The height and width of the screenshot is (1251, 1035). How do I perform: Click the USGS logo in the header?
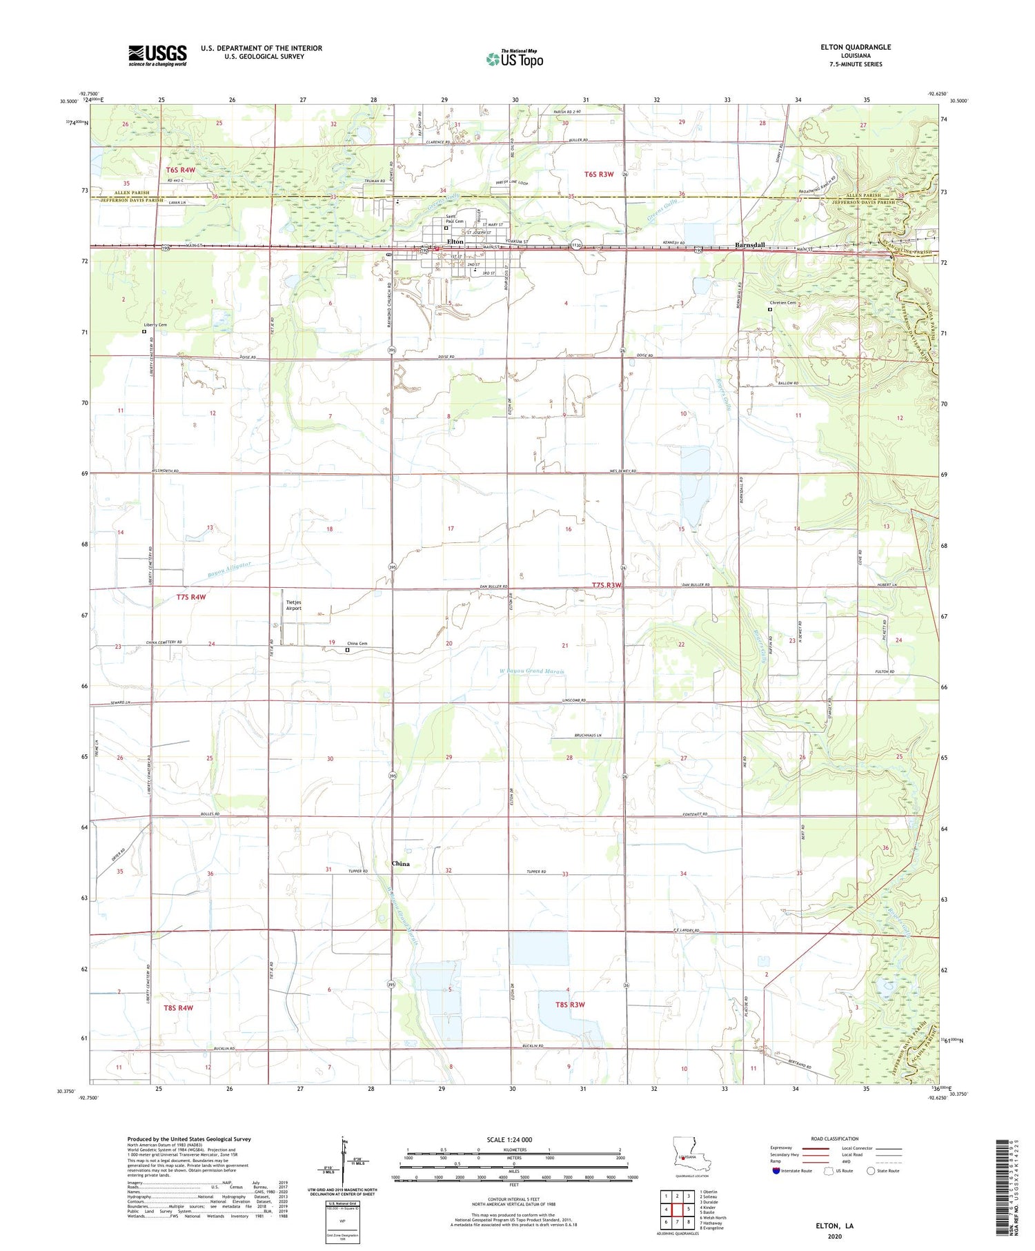point(157,55)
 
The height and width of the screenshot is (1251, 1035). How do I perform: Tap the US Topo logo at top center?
point(514,59)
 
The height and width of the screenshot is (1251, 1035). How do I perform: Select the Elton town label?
point(455,242)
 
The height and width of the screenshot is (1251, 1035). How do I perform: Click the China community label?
point(400,863)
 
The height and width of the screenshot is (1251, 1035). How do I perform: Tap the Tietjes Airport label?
point(293,605)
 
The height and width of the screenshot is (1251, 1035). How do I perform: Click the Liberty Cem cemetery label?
point(155,324)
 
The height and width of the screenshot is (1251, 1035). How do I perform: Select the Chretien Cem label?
point(782,302)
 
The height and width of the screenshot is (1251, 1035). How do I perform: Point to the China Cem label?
point(357,644)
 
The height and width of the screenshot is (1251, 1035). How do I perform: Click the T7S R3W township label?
point(607,585)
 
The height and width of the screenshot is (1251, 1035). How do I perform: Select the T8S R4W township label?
point(178,1007)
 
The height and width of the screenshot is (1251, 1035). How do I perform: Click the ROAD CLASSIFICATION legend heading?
point(834,1139)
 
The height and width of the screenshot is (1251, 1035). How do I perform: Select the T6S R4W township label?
point(181,170)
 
